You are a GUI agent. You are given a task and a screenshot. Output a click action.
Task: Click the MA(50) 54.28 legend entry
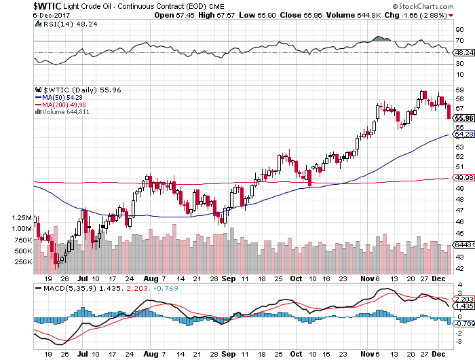[62, 97]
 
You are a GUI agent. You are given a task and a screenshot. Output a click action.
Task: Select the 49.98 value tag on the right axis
[463, 178]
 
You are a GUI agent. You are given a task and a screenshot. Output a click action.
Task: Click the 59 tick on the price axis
[459, 90]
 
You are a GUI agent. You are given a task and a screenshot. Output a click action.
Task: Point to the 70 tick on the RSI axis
[459, 41]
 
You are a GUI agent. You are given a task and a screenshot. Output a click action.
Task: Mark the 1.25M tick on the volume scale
[22, 218]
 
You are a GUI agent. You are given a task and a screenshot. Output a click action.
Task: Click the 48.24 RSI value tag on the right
[463, 52]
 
